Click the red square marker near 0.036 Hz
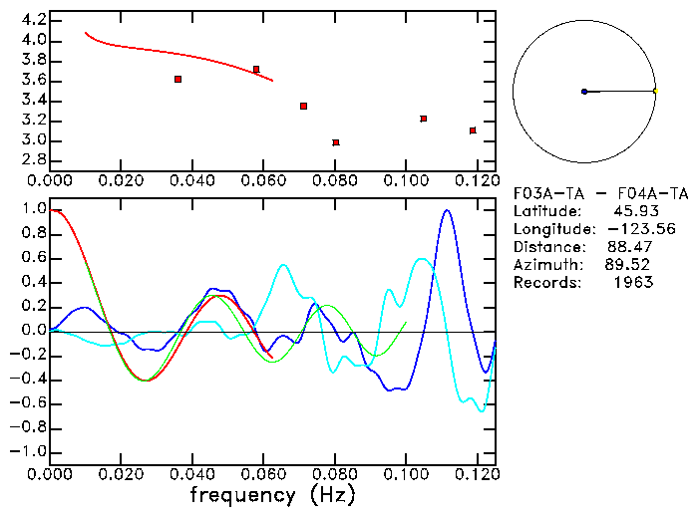pos(177,79)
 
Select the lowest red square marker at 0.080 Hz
pos(336,142)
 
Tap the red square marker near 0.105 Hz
pos(424,119)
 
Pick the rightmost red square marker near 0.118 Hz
pos(473,130)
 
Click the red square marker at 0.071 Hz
pos(303,106)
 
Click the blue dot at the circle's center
pos(584,92)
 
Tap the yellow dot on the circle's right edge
pos(655,92)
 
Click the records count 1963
pos(634,283)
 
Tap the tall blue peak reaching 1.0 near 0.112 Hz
pos(447,211)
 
